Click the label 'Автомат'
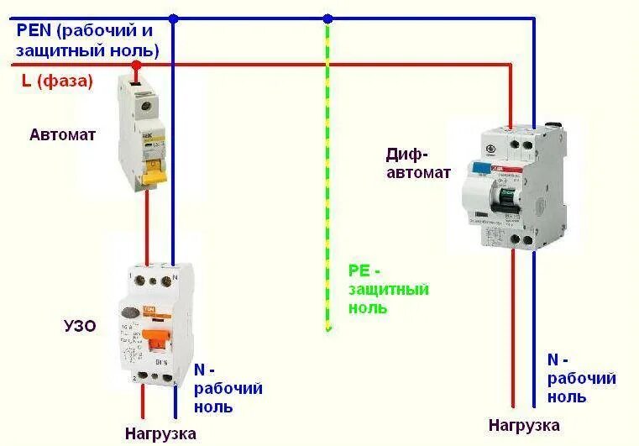point(63,134)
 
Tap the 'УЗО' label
point(79,326)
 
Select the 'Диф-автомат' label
point(418,163)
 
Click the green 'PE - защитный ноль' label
point(388,289)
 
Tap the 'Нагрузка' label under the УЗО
point(160,433)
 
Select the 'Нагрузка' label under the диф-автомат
point(524,424)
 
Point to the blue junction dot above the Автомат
point(173,18)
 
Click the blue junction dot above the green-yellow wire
point(327,18)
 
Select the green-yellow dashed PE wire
point(327,168)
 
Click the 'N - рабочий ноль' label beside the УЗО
point(228,388)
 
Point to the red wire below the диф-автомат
point(514,336)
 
